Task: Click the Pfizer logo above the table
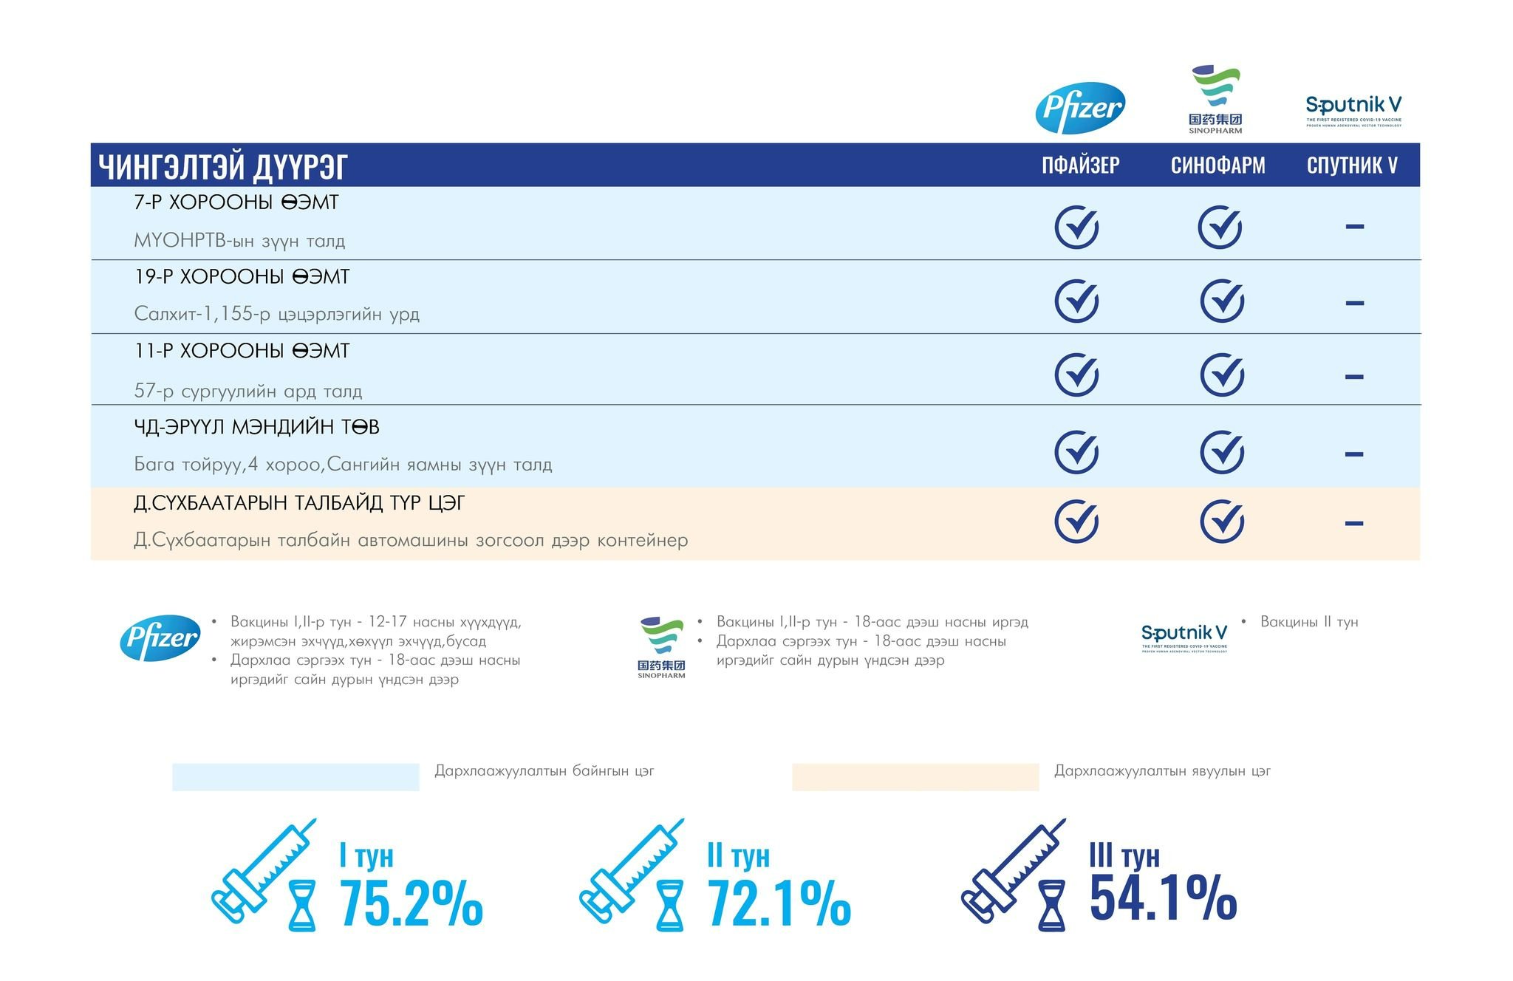(x=1080, y=108)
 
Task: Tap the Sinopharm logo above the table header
(x=1215, y=100)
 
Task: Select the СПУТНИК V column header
(x=1352, y=165)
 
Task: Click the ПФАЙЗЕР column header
(x=1080, y=165)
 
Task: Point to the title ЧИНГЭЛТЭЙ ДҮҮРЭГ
(x=223, y=166)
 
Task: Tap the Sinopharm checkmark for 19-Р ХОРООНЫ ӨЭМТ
(x=1222, y=301)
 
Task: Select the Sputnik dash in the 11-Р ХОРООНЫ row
(x=1354, y=377)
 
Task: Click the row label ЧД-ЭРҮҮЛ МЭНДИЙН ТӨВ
(x=256, y=427)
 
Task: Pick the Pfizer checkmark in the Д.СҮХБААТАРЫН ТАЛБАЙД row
(x=1076, y=522)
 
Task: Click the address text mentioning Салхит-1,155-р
(x=276, y=314)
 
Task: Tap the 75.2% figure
(x=411, y=903)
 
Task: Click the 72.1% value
(x=779, y=903)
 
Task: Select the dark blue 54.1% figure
(x=1163, y=898)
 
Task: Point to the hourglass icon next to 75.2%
(x=301, y=905)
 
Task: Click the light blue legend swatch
(x=296, y=777)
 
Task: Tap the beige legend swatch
(x=915, y=777)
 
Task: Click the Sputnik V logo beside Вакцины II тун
(x=1184, y=637)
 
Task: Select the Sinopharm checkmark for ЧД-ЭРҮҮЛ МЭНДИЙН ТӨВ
(x=1222, y=452)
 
